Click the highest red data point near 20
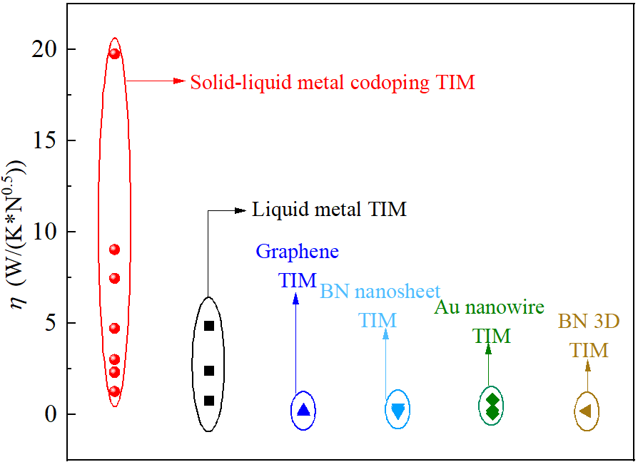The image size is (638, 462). click(x=114, y=53)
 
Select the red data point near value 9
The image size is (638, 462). click(x=114, y=250)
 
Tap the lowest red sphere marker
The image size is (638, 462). click(x=114, y=391)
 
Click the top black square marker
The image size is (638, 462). click(x=209, y=326)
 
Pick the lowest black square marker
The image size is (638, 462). click(x=209, y=401)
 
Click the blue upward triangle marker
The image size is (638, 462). click(x=304, y=410)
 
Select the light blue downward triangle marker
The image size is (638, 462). click(x=398, y=410)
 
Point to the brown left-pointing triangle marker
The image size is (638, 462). click(x=586, y=411)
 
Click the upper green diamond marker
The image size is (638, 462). click(x=492, y=401)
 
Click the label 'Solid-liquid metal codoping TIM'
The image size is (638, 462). click(x=333, y=83)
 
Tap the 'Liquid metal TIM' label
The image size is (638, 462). click(x=329, y=210)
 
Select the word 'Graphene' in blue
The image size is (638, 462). click(x=297, y=252)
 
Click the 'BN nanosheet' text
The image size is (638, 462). click(x=380, y=291)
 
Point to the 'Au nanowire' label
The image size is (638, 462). click(x=490, y=307)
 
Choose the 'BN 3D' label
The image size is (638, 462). click(x=589, y=322)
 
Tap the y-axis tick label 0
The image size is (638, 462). click(x=49, y=414)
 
